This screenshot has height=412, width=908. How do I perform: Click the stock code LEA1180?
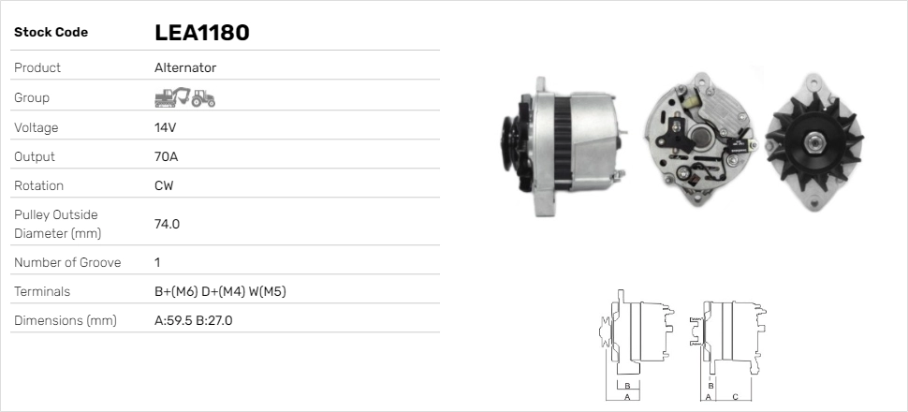pos(201,33)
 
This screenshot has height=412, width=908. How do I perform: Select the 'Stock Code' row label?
pos(51,33)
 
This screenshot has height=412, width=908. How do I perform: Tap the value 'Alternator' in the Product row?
pos(185,68)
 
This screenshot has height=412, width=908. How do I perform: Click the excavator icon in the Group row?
pos(171,97)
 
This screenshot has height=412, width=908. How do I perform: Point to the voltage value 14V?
pos(166,127)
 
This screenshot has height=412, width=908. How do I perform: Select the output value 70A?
pos(167,156)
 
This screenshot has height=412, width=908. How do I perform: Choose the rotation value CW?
pos(164,185)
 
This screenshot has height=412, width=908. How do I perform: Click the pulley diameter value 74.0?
pos(167,224)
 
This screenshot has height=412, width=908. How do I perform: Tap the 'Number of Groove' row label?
pos(67,263)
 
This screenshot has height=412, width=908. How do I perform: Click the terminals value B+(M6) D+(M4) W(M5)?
pos(220,291)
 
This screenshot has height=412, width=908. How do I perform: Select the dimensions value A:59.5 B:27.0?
pos(193,320)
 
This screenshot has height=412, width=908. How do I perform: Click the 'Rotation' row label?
pos(39,185)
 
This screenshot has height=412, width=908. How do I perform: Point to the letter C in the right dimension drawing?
pos(735,397)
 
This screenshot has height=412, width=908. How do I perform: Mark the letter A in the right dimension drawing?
pos(708,397)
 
